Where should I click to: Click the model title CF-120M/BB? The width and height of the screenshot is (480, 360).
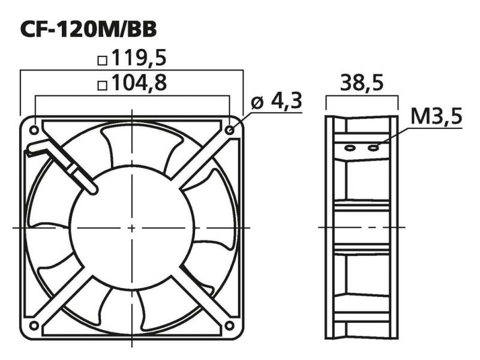(88, 29)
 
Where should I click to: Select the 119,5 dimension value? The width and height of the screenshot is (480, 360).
(139, 58)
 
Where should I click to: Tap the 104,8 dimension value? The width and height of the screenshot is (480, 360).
(139, 82)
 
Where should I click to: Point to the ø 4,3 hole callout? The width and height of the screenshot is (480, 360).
(277, 101)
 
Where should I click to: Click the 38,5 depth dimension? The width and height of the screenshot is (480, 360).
(362, 83)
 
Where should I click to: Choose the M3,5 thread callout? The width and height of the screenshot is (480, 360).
(436, 116)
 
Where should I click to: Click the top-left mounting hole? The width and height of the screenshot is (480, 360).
(34, 130)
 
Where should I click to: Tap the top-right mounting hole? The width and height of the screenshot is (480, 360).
(230, 130)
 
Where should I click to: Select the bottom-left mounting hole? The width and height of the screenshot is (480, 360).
(34, 325)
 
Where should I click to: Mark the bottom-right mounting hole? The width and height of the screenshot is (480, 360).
(230, 325)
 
